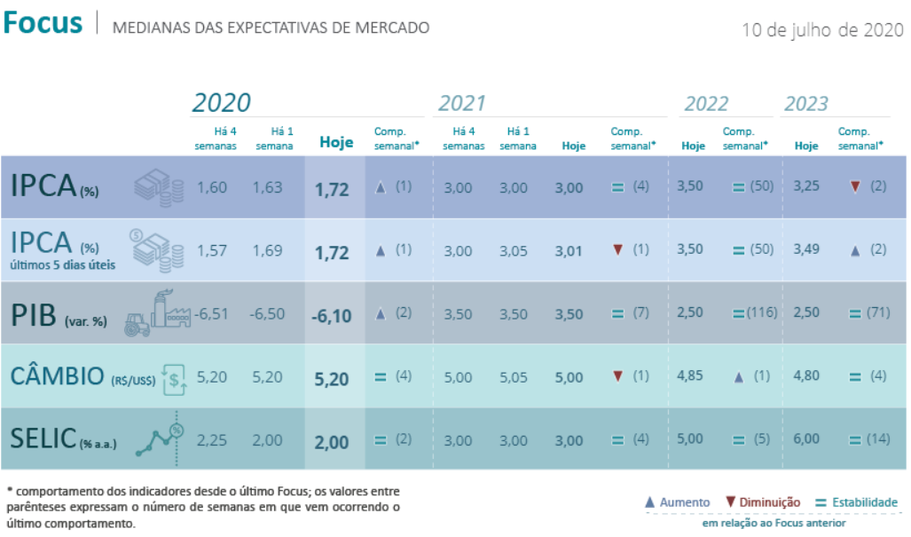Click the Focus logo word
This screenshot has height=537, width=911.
[43, 23]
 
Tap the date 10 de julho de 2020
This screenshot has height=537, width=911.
[822, 29]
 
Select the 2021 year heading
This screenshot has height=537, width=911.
[461, 103]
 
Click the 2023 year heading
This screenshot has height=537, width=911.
[805, 104]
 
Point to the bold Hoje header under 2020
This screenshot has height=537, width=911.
[336, 142]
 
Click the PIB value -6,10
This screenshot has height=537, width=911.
[331, 316]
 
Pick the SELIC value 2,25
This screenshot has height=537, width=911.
[211, 440]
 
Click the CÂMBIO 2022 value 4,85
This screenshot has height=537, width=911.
[689, 375]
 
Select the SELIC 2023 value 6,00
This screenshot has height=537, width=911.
[806, 438]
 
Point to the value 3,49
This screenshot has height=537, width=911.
[806, 249]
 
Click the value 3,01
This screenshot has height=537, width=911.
[569, 251]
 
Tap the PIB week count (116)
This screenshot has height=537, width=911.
[762, 312]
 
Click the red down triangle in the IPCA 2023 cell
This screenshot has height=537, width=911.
[854, 186]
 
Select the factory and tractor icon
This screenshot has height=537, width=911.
[157, 313]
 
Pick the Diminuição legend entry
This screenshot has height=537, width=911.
[763, 502]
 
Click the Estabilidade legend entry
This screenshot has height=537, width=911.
[856, 502]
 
